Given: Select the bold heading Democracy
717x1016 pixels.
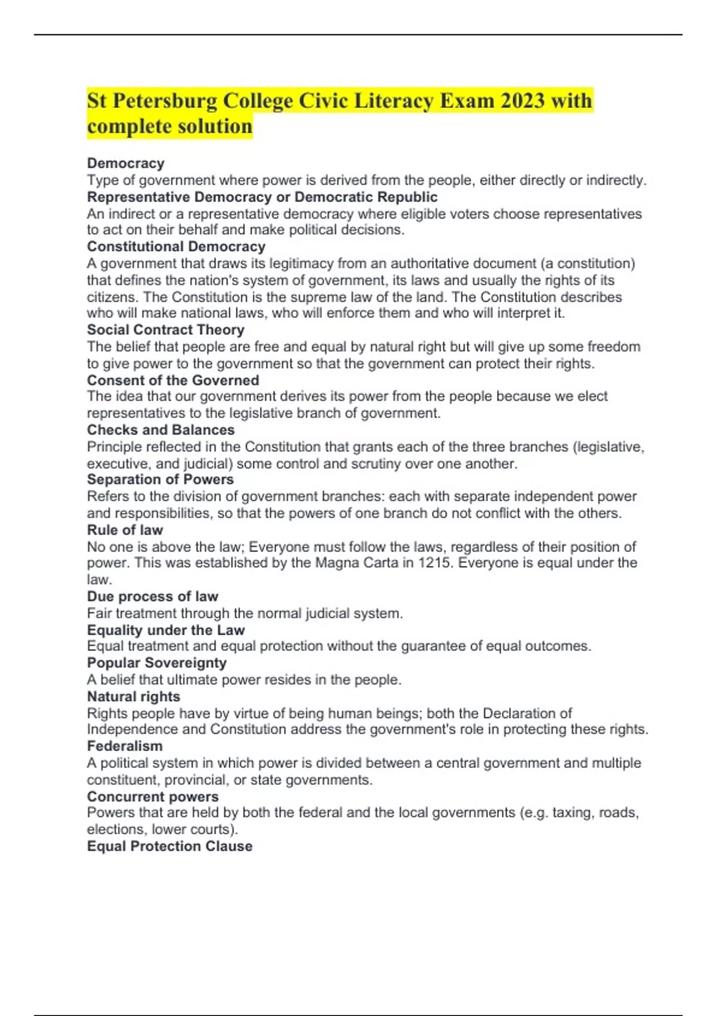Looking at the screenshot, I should coord(125,163).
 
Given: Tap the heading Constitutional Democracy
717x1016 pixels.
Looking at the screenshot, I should coord(176,247).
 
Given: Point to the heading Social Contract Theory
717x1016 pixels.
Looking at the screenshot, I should coord(166,330).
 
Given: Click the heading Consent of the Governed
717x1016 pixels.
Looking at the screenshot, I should coord(173,380).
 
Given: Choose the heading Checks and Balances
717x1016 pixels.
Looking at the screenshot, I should coord(161,430).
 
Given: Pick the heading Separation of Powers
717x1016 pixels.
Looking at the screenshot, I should coord(160,479).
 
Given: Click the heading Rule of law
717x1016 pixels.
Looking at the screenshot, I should coord(125,530).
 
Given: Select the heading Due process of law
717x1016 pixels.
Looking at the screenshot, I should coord(152,596).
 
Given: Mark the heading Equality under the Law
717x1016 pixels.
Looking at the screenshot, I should coord(166,630).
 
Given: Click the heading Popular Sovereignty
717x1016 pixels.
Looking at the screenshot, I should coord(157,663).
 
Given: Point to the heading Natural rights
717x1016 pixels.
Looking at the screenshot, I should coord(133,696).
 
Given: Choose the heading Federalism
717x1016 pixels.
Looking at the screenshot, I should coord(124,746).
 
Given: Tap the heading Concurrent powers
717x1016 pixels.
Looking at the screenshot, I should coord(152,797).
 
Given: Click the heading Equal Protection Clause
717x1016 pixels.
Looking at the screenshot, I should coord(170,846).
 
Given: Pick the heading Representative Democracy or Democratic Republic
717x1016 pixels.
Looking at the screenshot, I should coord(262,197).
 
